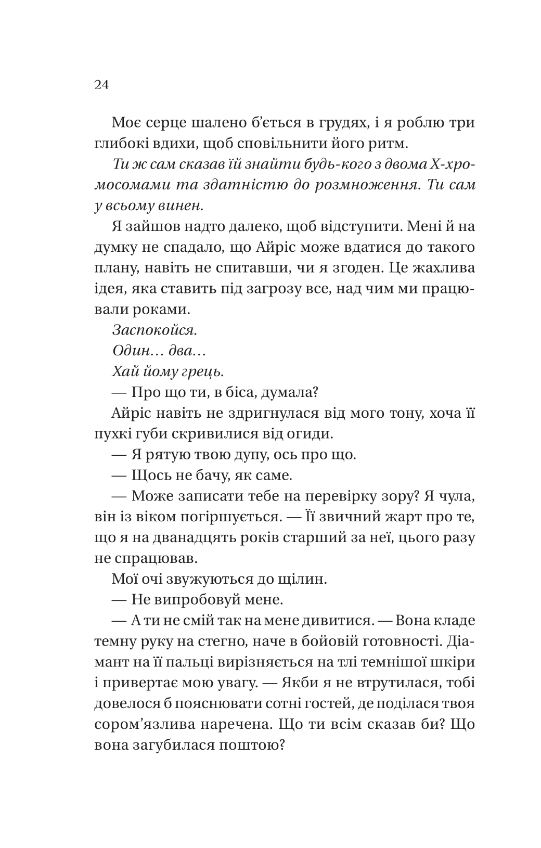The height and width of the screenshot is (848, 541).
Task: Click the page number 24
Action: (x=101, y=85)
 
